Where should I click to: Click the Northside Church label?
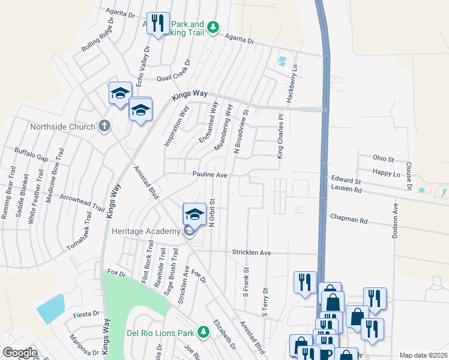click(62, 127)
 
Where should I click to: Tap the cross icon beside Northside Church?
click(104, 126)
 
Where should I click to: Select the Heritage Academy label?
click(146, 232)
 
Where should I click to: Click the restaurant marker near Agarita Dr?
click(158, 24)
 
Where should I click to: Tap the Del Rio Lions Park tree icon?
click(204, 332)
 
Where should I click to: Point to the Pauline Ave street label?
click(209, 175)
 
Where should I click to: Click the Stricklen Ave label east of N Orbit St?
click(252, 253)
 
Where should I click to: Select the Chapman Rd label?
click(348, 220)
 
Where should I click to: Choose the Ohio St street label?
click(382, 160)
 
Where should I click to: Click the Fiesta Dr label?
click(86, 314)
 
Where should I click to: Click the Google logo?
click(20, 353)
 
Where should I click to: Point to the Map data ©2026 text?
click(423, 355)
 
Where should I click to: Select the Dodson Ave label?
click(396, 221)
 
